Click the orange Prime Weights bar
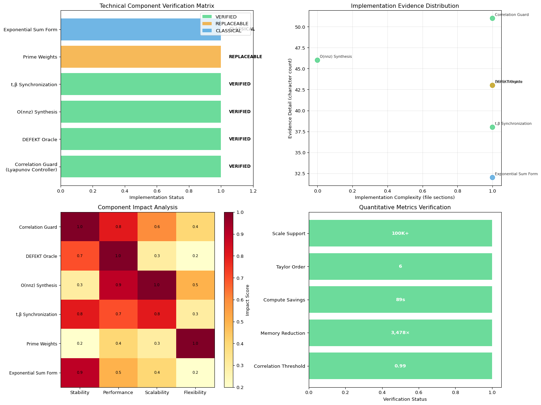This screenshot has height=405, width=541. (141, 57)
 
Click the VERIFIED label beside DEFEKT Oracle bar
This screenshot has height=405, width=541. (240, 139)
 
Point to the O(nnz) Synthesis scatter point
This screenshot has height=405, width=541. (317, 60)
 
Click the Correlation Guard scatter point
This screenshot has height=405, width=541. (492, 18)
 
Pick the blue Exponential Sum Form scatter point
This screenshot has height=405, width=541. (492, 177)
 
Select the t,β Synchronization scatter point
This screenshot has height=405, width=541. (492, 127)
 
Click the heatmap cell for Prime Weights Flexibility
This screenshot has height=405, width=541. (195, 343)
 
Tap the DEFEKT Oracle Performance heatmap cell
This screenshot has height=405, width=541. (118, 256)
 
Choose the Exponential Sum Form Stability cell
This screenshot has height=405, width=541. (80, 373)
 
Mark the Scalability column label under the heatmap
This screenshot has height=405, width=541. (157, 393)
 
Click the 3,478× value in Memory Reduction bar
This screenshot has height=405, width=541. (400, 333)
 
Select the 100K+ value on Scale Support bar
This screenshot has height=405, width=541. (400, 233)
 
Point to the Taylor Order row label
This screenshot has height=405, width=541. (290, 267)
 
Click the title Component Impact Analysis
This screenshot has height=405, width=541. (138, 207)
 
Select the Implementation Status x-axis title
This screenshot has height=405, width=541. (157, 198)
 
